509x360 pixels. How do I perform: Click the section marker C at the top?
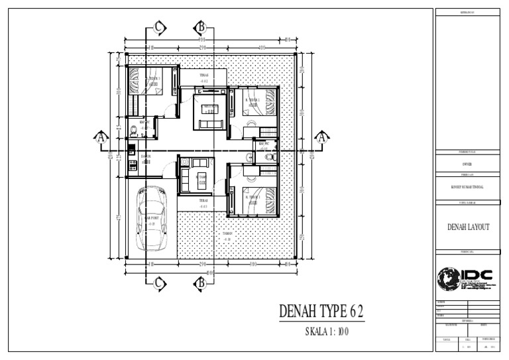[160, 27]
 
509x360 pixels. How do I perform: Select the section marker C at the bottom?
[160, 284]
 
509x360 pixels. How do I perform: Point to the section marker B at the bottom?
[200, 284]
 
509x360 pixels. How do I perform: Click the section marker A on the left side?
[101, 138]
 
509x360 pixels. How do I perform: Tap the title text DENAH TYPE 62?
[321, 310]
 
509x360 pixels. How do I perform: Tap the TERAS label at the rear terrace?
[204, 76]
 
